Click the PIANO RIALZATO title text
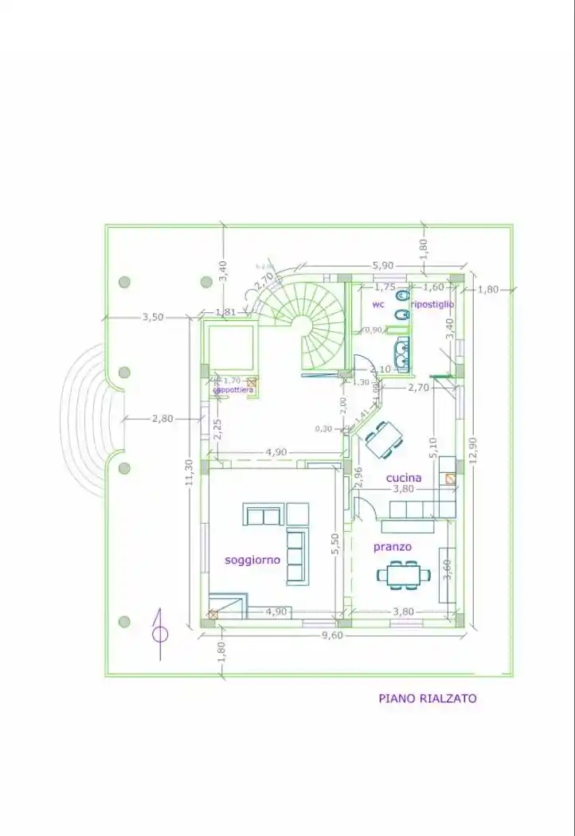point(427,698)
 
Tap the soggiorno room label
point(252,560)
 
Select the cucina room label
point(404,478)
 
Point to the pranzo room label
point(393,547)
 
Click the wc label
point(378,304)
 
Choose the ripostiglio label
point(432,304)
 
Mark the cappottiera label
point(233,389)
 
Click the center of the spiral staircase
point(302,324)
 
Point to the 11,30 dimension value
point(190,475)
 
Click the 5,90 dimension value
point(382,265)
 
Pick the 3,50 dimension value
point(152,317)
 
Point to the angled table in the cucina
point(382,439)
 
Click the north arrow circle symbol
point(160,634)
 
